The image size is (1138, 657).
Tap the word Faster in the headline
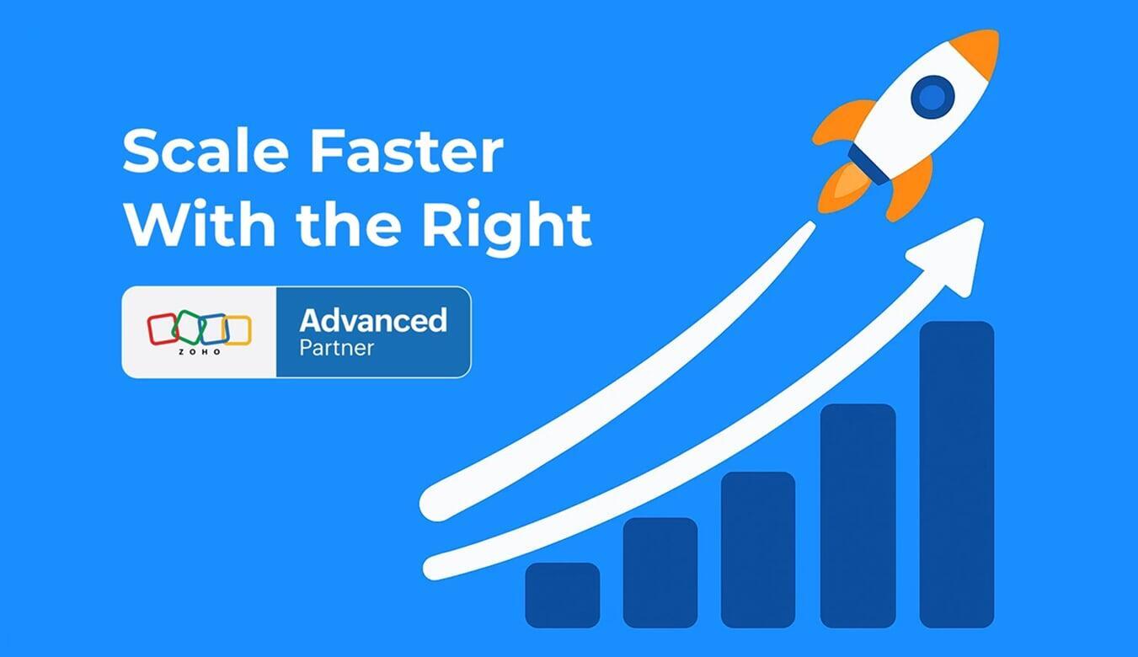tap(403, 152)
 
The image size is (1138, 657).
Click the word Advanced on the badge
tap(373, 320)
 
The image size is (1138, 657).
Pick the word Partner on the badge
tap(337, 347)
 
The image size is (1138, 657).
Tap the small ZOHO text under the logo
tap(200, 351)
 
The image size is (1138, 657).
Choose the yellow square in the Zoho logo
tap(238, 330)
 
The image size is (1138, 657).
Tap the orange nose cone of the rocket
tap(979, 48)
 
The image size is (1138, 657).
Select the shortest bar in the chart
tap(562, 595)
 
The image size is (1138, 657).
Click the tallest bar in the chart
tap(956, 473)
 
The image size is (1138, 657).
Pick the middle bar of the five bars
tap(758, 548)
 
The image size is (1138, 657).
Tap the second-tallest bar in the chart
tap(858, 515)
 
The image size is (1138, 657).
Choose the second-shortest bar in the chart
tap(660, 572)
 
